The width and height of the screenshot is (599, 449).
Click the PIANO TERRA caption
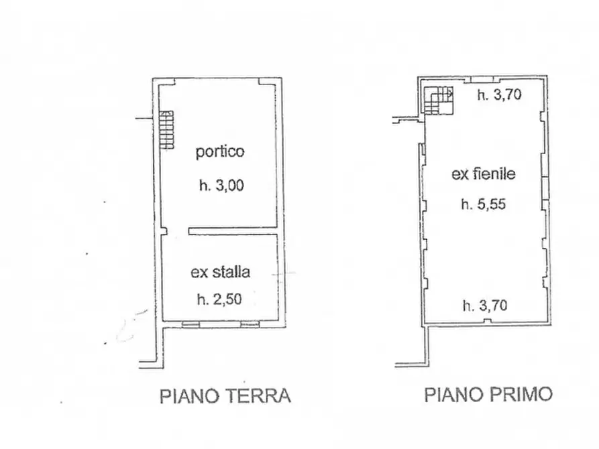[225, 396]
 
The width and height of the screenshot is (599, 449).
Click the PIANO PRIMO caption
[488, 395]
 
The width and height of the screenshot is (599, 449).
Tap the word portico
[220, 152]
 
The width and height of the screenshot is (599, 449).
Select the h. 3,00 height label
[221, 187]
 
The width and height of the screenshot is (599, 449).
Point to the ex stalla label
[221, 272]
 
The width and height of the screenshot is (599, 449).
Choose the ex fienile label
[483, 174]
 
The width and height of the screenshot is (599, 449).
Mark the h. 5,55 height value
[483, 205]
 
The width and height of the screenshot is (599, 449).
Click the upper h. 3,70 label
[499, 96]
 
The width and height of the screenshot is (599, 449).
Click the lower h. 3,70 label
[485, 306]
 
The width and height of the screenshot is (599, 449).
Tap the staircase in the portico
[166, 130]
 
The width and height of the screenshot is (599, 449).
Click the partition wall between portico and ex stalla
[233, 231]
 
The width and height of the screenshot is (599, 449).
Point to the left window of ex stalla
[190, 324]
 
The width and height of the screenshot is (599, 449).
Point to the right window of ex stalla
[250, 324]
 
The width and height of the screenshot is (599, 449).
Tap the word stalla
[231, 272]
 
